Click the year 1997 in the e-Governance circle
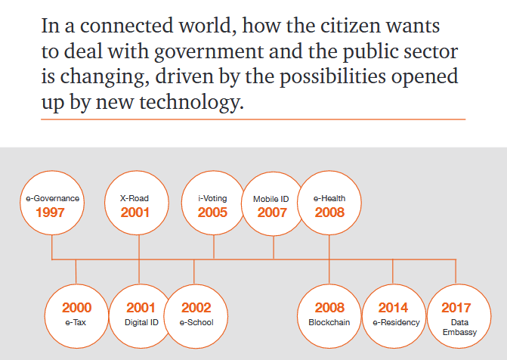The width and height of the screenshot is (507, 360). [x=50, y=213]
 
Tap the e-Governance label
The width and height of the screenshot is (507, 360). [x=52, y=198]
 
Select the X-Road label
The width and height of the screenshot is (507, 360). [x=134, y=198]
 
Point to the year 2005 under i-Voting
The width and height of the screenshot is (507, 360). [x=212, y=213]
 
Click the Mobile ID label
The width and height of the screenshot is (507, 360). [x=271, y=199]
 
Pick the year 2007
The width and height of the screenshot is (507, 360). [x=272, y=213]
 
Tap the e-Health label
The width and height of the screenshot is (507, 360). [x=329, y=198]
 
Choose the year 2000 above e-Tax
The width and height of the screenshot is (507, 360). [x=76, y=308]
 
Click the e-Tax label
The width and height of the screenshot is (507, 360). [x=76, y=322]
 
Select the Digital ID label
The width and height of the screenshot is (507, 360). [x=141, y=322]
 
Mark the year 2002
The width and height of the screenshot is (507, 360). [x=196, y=308]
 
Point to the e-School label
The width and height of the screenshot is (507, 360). [x=196, y=322]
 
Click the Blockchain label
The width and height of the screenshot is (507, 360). [x=329, y=322]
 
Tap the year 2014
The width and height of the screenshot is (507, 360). [x=393, y=308]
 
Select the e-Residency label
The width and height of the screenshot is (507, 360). [x=396, y=322]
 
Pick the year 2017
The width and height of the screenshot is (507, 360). [x=456, y=308]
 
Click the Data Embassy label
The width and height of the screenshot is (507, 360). [x=460, y=327]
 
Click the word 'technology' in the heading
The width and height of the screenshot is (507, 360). [x=191, y=102]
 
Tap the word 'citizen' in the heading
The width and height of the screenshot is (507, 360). [x=350, y=26]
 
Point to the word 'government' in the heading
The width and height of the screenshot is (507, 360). [x=209, y=51]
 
